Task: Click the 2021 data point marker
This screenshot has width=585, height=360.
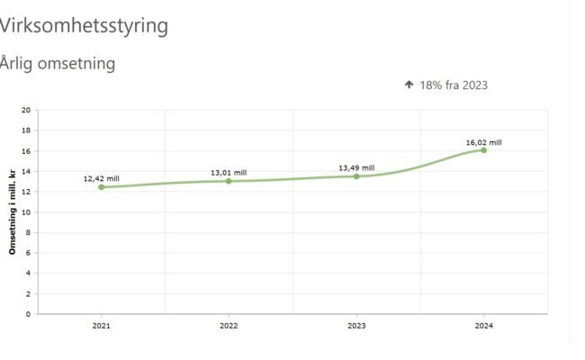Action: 101,187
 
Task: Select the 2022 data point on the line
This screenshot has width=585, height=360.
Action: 229,181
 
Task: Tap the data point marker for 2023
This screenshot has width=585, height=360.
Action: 356,176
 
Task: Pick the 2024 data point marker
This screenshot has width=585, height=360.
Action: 483,150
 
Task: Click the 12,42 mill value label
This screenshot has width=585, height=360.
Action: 101,179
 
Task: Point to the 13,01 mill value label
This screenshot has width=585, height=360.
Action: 229,172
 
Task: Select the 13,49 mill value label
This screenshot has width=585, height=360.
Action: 356,167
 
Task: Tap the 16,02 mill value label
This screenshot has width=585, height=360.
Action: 483,142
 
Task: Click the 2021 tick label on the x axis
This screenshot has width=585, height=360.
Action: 101,326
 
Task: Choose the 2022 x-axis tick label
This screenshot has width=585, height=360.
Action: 229,326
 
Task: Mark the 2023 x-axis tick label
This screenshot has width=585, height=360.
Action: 356,326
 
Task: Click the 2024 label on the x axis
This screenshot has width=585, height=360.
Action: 483,326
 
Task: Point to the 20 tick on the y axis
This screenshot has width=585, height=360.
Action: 26,111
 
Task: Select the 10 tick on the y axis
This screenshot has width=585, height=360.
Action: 26,212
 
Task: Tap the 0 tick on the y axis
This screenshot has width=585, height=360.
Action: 28,314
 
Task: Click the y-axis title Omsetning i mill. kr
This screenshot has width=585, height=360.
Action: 13,212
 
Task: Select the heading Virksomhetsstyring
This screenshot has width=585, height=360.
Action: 84,25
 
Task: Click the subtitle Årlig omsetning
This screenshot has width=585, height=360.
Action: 58,64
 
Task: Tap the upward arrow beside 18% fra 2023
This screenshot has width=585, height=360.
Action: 409,85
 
